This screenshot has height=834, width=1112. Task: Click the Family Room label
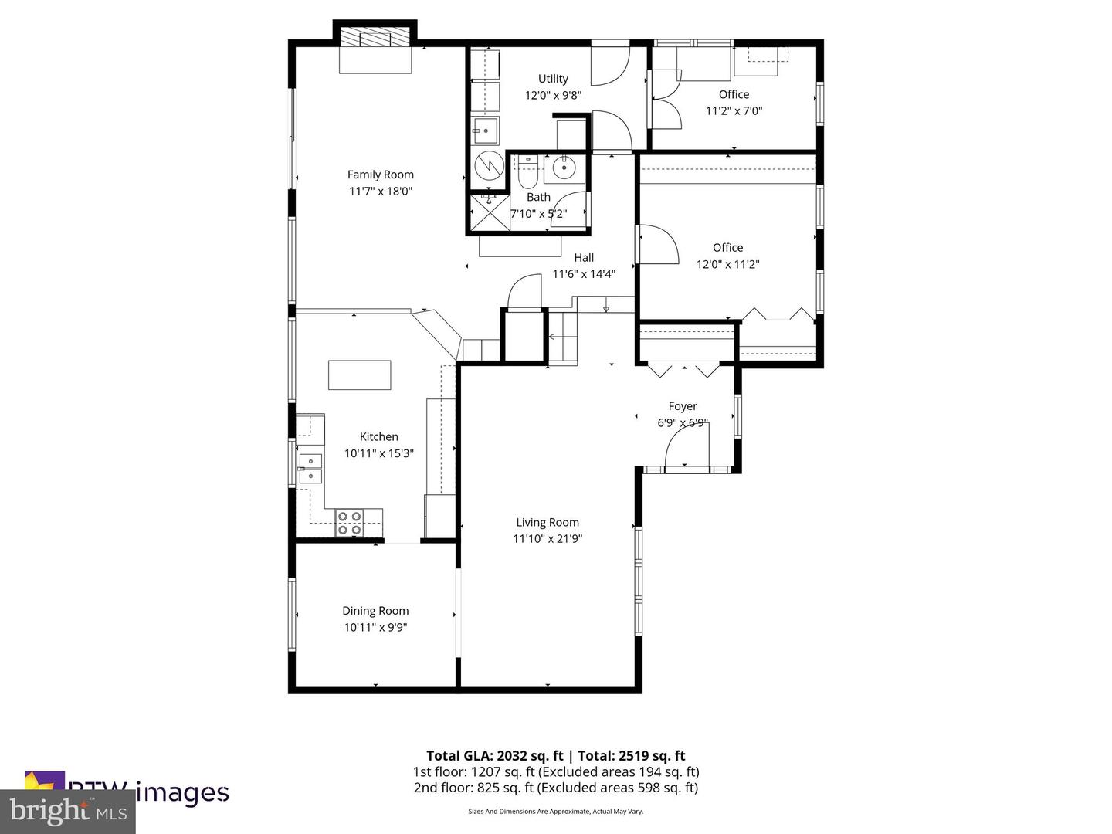click(x=380, y=175)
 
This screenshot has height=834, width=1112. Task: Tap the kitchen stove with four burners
click(x=349, y=524)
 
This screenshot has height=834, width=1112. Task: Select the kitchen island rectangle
click(x=359, y=375)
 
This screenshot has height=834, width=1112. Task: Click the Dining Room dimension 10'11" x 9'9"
click(x=375, y=628)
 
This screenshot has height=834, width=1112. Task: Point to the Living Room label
click(x=547, y=523)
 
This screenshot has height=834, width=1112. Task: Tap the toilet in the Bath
click(x=528, y=174)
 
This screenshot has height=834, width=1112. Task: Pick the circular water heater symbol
click(x=488, y=165)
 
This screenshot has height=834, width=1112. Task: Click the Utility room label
click(x=553, y=79)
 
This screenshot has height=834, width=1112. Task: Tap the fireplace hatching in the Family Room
click(x=375, y=39)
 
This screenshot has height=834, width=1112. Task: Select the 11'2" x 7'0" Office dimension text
click(x=734, y=110)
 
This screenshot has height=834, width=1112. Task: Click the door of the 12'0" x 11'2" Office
click(x=658, y=244)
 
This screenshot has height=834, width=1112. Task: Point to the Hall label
click(x=584, y=258)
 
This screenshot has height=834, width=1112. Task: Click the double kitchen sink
click(x=310, y=469)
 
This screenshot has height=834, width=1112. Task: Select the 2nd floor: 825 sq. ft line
click(x=555, y=788)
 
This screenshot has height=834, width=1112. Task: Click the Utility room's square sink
click(x=486, y=131)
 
